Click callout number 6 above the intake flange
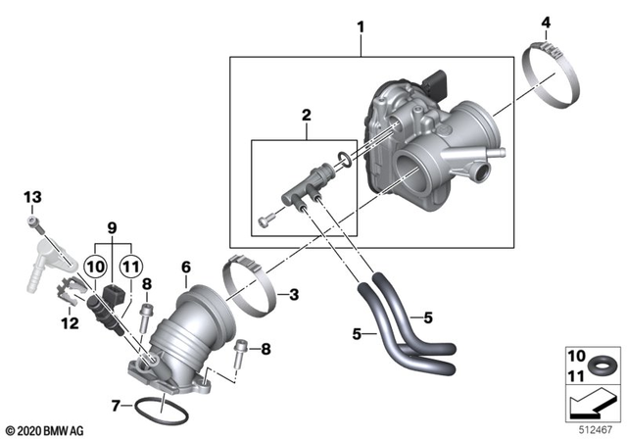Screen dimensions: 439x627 point(185,267)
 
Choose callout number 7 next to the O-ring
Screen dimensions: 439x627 point(117,405)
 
